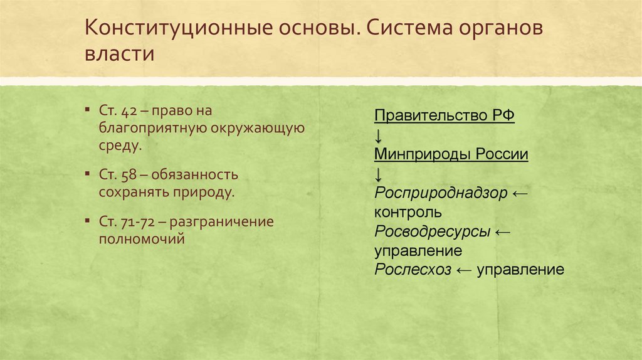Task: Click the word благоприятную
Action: tap(149, 129)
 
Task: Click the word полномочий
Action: tap(142, 238)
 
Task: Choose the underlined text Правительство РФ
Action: tap(445, 117)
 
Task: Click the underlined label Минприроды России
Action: tap(451, 155)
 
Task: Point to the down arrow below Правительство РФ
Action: tap(379, 136)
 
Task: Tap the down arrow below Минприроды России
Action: tap(379, 174)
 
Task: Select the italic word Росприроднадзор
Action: tap(440, 193)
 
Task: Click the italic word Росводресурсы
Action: tap(433, 231)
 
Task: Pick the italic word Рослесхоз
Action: tap(413, 270)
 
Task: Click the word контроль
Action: tap(408, 213)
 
